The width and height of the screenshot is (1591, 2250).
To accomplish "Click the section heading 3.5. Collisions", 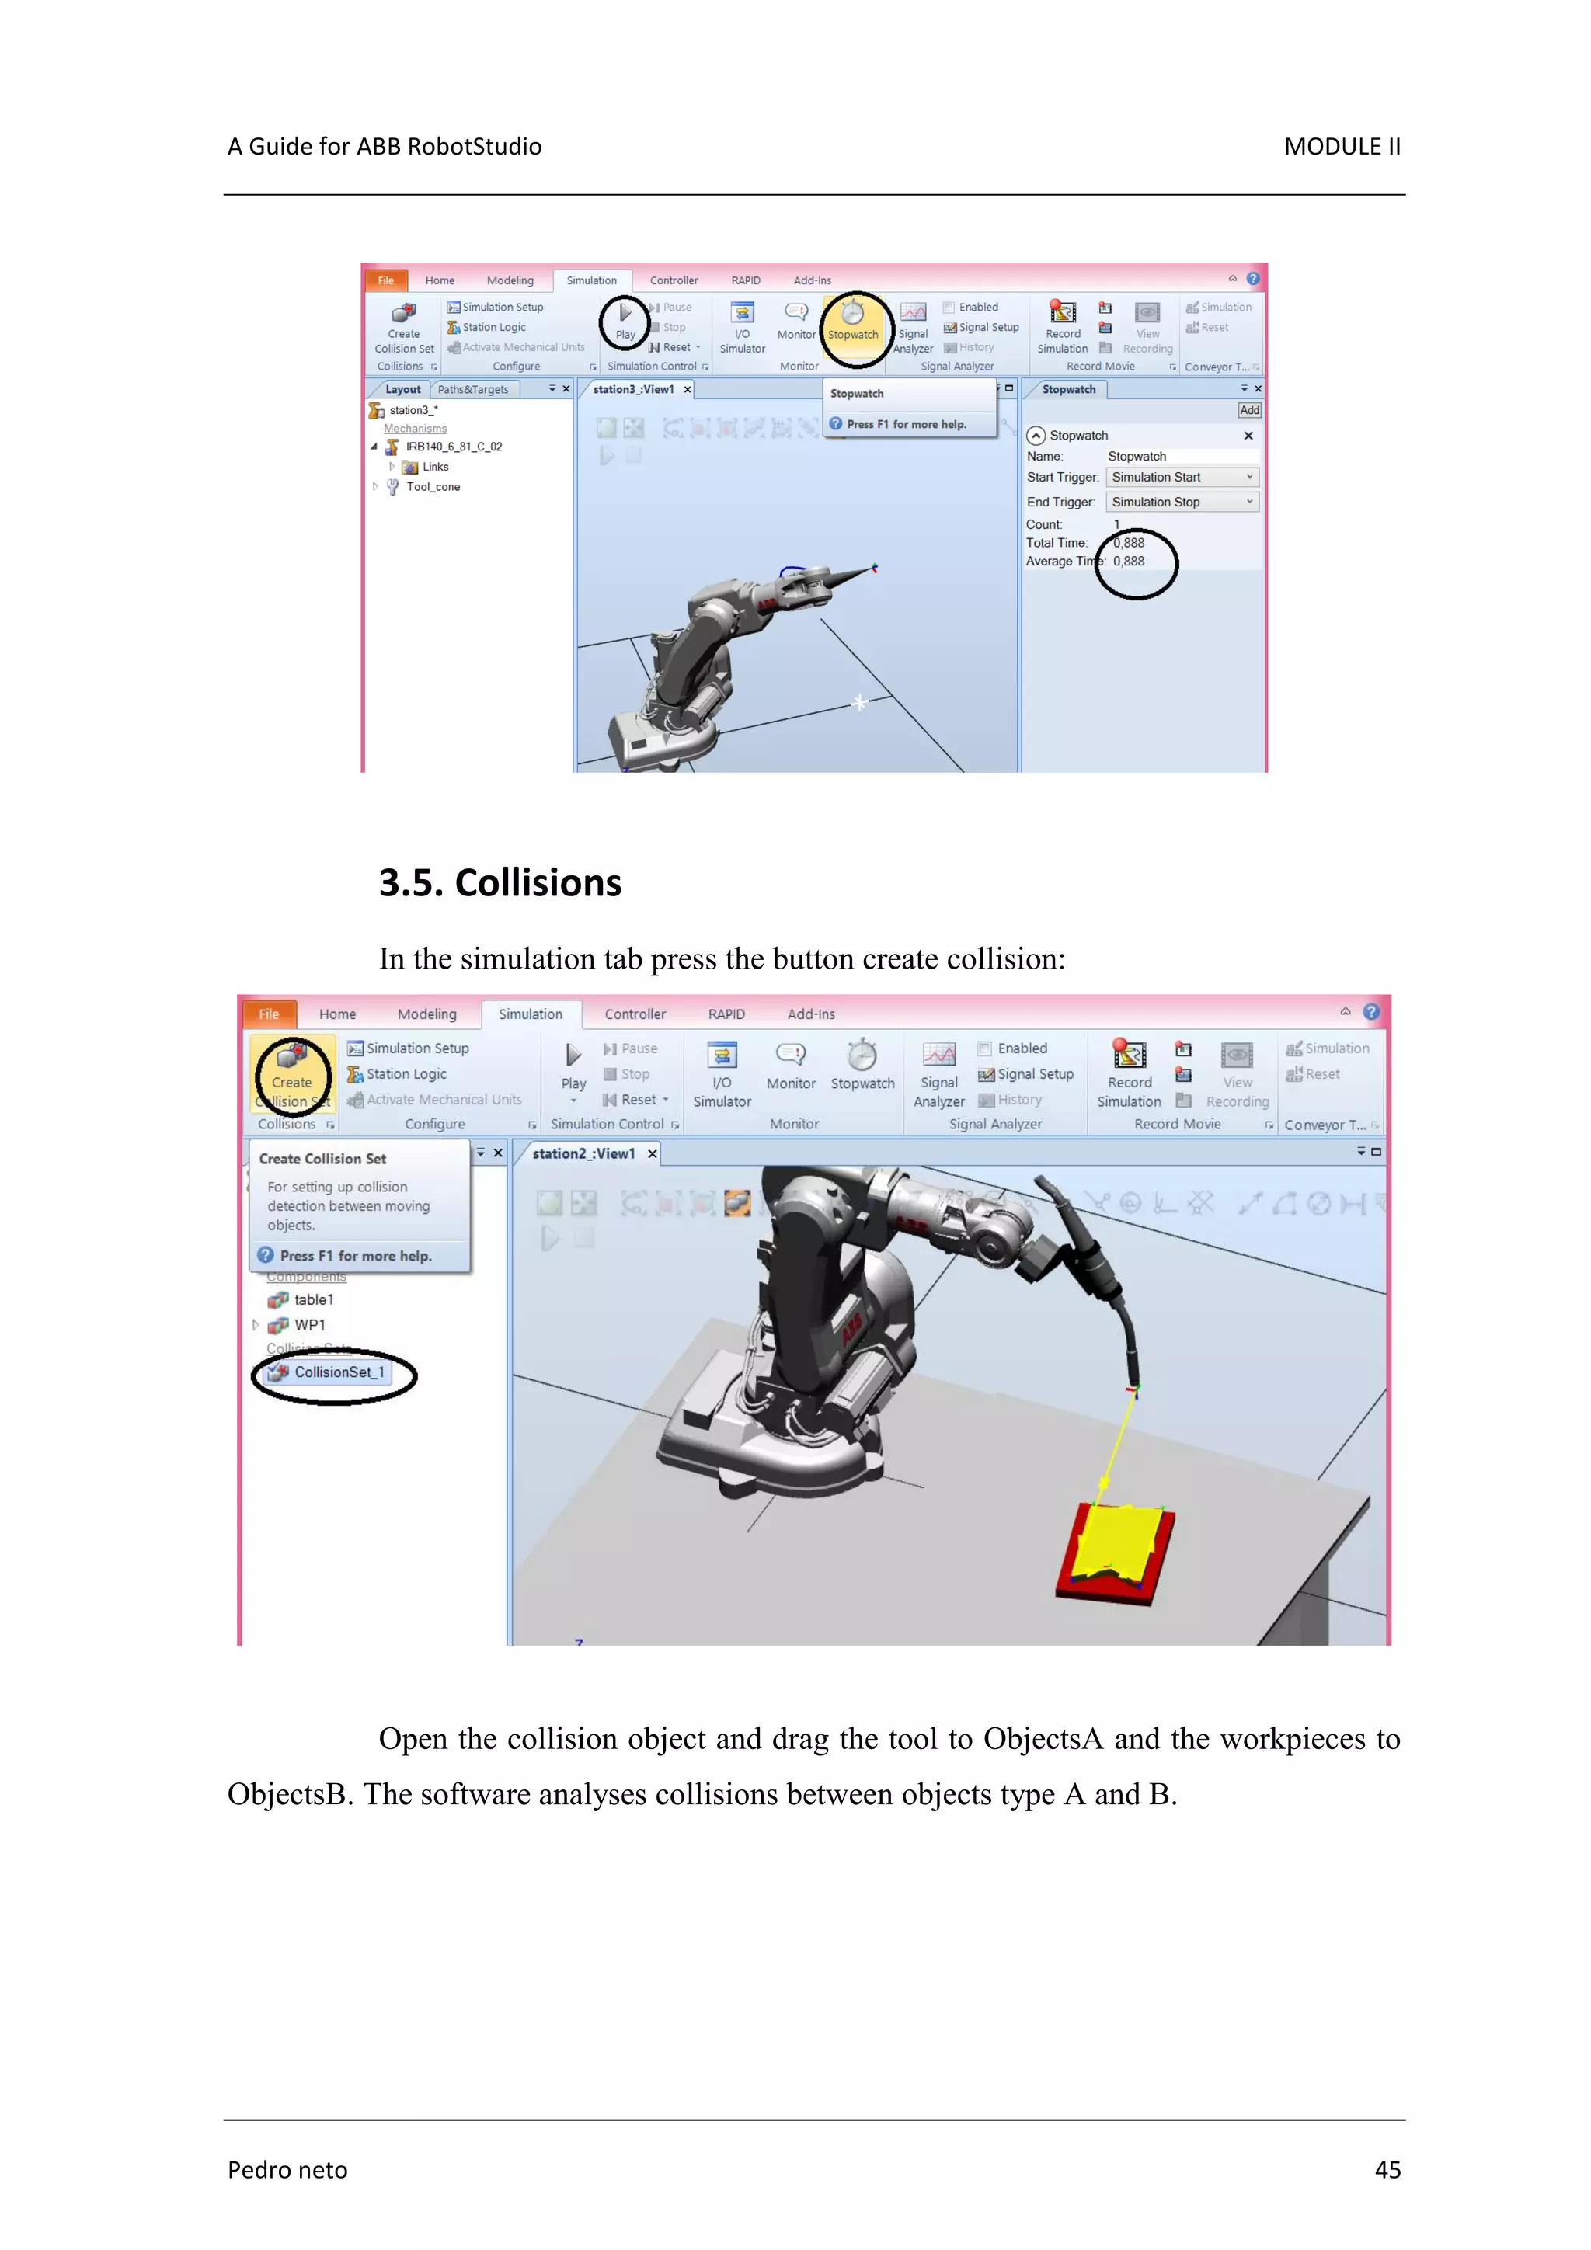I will point(500,883).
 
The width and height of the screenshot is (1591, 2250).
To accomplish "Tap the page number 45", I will point(1387,2170).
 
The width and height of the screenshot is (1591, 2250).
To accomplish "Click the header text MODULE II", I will point(1341,147).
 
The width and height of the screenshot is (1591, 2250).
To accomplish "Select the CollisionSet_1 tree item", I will point(338,1372).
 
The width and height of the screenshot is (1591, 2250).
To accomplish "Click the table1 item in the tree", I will point(313,1299).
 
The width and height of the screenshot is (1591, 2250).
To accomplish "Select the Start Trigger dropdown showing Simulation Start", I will point(1182,477).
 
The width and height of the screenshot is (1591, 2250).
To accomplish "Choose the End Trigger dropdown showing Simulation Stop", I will point(1182,502).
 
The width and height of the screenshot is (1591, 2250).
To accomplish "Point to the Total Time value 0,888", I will point(1130,543).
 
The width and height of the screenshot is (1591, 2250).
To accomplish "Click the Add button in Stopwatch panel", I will point(1249,411).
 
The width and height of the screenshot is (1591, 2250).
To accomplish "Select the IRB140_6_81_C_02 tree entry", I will point(453,447).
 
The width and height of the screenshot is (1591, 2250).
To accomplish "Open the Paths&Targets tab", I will point(472,390).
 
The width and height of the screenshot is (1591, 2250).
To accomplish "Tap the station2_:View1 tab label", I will point(583,1153).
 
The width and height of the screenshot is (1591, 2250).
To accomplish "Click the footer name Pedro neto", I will point(287,2170).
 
